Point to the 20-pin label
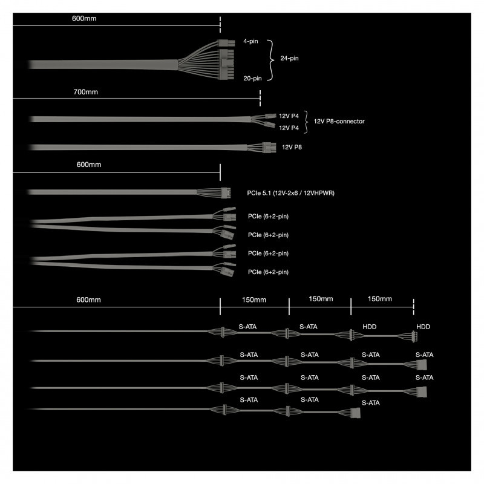coord(253,78)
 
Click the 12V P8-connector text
coord(339,121)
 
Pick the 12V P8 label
coord(292,146)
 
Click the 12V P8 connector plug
coord(268,146)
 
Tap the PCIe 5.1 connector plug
coord(226,193)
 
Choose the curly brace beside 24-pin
coord(271,59)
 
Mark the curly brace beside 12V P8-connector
coord(307,121)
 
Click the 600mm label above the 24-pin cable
coord(84,19)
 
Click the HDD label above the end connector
coord(423,326)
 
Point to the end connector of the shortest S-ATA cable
coord(355,413)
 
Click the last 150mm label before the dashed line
coord(379,299)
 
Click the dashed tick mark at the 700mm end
coord(260,97)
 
